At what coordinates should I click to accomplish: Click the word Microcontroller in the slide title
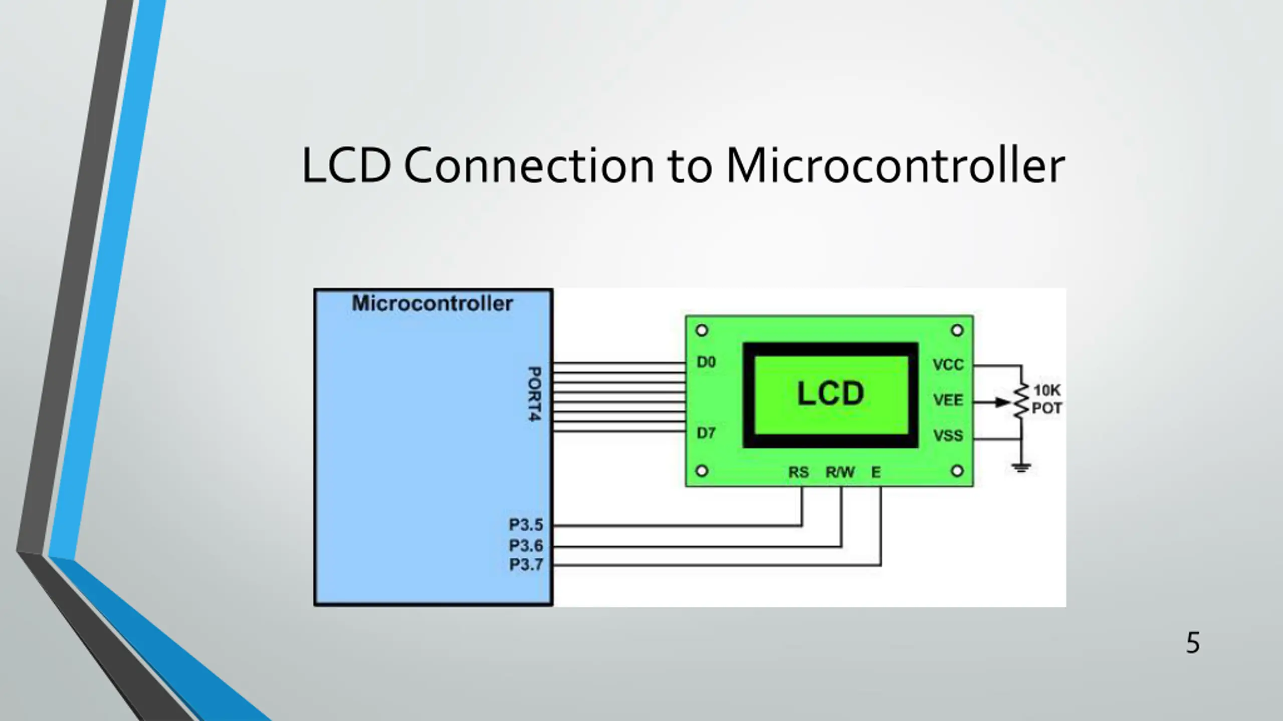coord(895,166)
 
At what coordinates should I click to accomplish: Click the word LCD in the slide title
coord(346,166)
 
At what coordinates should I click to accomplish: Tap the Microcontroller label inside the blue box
coord(432,303)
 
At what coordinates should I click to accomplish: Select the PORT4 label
coord(535,394)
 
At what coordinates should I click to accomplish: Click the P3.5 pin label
coord(526,525)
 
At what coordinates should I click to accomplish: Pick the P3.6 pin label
coord(526,545)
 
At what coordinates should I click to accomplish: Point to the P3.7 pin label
coord(526,565)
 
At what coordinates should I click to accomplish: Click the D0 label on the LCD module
coord(706,362)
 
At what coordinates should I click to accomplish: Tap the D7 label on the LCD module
coord(706,433)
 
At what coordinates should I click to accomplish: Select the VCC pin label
coord(948,365)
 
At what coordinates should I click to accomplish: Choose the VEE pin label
coord(948,400)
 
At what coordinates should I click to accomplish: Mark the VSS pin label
coord(948,436)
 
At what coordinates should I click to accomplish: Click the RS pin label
coord(798,472)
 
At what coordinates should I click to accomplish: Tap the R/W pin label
coord(840,472)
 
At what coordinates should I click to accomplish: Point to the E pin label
coord(876,472)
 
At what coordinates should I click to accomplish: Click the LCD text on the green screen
coord(830,394)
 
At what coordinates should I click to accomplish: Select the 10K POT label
coord(1046,400)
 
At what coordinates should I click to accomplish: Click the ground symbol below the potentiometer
coord(1021,468)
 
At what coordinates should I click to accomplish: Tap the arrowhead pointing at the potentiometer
coord(1001,402)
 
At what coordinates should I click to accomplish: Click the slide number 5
coord(1193,643)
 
